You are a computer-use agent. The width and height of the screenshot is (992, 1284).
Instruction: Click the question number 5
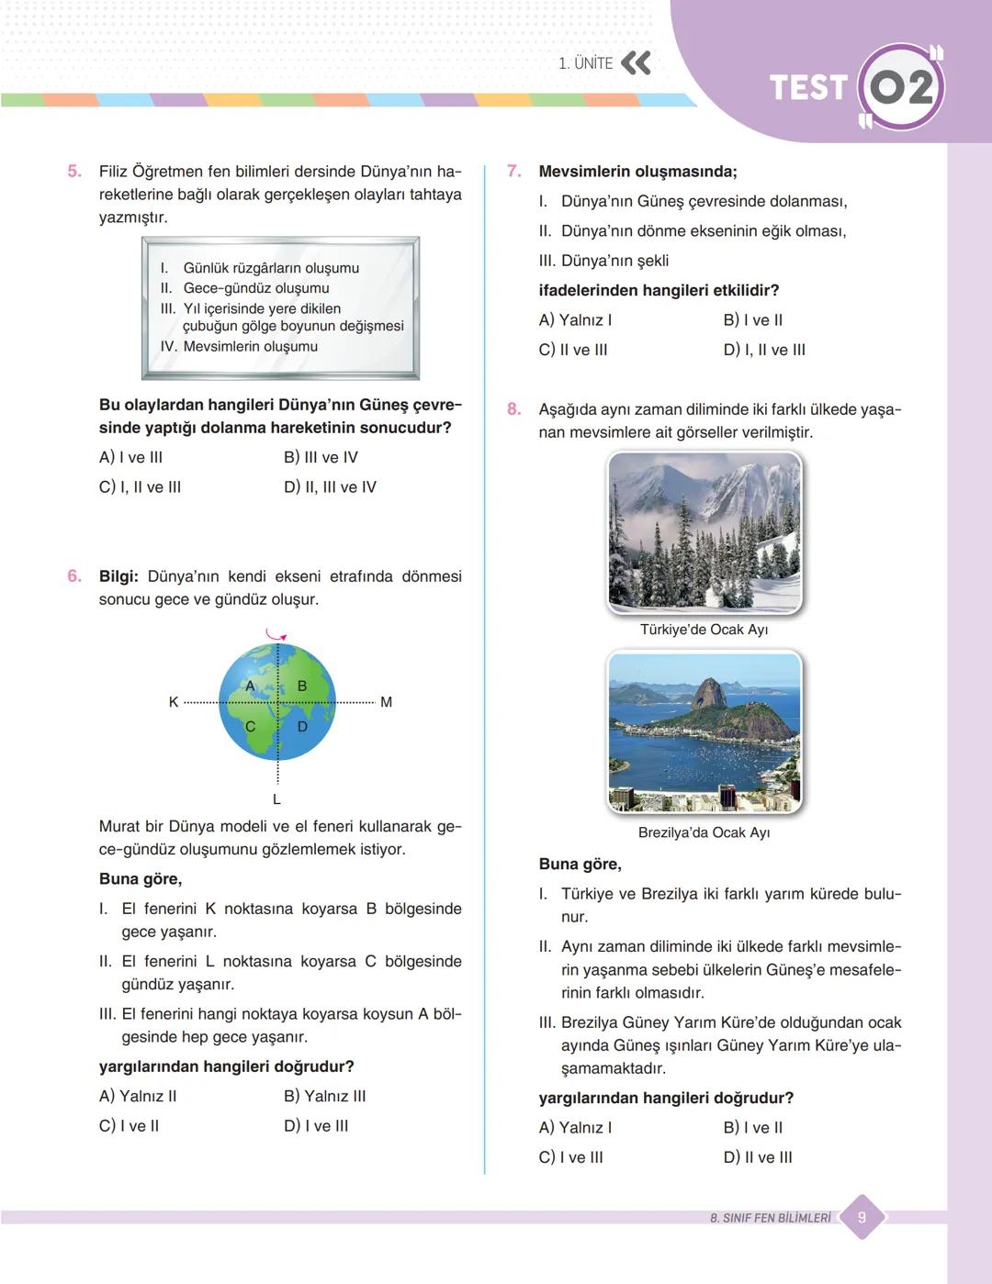[74, 171]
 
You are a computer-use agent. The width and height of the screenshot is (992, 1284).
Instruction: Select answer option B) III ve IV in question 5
[321, 457]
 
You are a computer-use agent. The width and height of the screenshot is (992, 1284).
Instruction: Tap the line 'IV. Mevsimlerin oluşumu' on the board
[239, 347]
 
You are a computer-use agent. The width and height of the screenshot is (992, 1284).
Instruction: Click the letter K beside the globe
[174, 702]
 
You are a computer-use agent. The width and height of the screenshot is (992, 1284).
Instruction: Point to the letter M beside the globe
[386, 702]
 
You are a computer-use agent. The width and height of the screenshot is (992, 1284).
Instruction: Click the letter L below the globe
[276, 799]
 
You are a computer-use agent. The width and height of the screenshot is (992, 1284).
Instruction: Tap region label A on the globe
[250, 686]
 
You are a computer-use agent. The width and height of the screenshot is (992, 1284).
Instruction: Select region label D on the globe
[302, 726]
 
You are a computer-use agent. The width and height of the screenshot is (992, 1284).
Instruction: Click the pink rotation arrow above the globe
[276, 635]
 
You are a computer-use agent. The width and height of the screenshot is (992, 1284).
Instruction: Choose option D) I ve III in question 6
[316, 1125]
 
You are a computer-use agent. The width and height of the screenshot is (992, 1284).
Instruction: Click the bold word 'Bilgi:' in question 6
[118, 576]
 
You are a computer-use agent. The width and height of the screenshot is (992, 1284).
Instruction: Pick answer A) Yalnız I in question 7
[575, 320]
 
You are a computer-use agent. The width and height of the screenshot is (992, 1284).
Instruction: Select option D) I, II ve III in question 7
[764, 350]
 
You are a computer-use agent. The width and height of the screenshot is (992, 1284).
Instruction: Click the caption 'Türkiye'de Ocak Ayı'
[704, 630]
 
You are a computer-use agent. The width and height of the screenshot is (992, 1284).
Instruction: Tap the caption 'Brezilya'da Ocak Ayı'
[704, 832]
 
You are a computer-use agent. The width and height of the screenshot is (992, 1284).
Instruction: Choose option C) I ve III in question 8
[570, 1157]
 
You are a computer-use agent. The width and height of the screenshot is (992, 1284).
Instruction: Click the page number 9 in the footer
[862, 1218]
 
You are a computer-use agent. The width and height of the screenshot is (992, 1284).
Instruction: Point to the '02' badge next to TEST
[900, 88]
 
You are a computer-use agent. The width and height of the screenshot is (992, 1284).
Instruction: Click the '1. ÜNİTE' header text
[585, 63]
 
